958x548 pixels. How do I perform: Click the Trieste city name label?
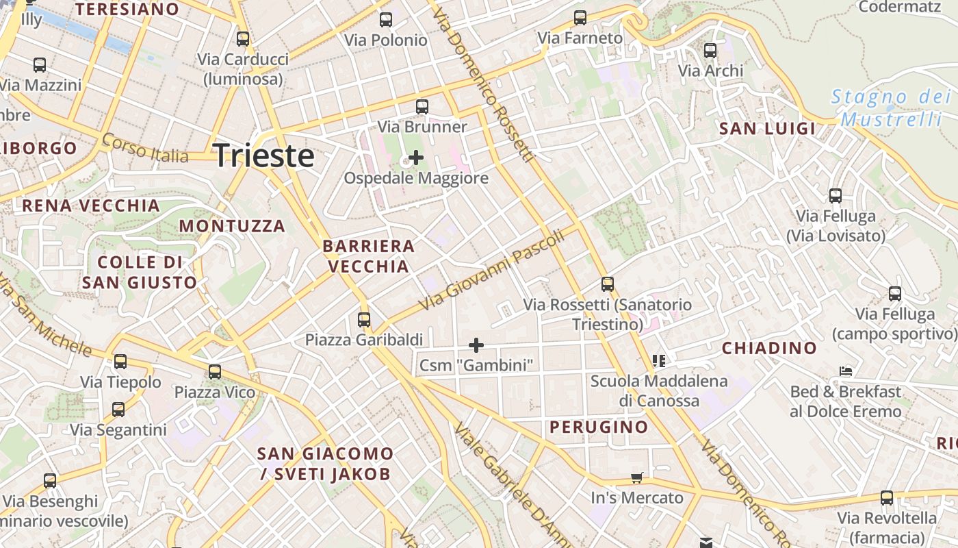point(263,156)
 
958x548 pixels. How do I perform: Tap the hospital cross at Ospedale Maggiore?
point(415,158)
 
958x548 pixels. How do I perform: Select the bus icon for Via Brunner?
point(422,107)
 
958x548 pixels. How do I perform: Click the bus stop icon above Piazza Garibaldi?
point(364,319)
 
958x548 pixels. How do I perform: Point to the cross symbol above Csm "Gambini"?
point(476,345)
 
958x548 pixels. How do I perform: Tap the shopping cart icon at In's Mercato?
point(637,477)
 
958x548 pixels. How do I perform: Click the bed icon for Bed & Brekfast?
point(846,371)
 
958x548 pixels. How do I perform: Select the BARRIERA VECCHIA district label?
point(369,256)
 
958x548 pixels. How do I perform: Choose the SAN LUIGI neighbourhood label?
point(767,129)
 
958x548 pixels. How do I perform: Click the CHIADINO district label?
point(769,348)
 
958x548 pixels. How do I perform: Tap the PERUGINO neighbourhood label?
point(599,427)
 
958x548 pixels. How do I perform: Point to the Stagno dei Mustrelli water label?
point(891,108)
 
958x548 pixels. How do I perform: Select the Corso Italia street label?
point(145,148)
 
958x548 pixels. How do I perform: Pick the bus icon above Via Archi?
point(710,50)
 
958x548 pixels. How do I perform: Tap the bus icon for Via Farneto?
point(580,18)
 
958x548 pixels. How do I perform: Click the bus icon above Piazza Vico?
point(215,371)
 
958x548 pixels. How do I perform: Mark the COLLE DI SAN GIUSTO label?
point(140,272)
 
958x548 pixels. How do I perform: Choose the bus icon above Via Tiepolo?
point(120,361)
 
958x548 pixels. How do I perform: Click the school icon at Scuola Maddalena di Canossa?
point(659,360)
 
